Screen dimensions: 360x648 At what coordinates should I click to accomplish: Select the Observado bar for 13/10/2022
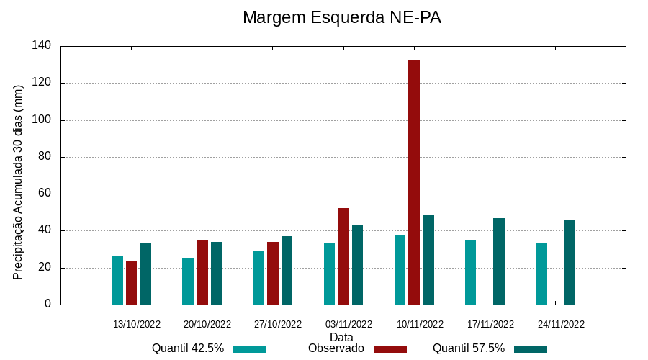[x=131, y=282]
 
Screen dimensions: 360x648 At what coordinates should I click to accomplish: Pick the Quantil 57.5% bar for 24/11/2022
[x=570, y=262]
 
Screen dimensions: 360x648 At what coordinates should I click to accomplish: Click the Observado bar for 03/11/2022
[x=343, y=256]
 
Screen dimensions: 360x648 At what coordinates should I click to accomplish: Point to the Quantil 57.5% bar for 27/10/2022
[x=287, y=270]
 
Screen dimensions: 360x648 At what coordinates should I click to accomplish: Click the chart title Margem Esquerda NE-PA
[x=342, y=17]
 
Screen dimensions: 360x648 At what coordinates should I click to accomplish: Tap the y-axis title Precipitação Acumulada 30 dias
[x=19, y=182]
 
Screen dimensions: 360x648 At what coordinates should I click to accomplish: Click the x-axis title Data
[x=341, y=337]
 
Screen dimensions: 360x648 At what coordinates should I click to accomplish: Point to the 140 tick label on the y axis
[x=42, y=45]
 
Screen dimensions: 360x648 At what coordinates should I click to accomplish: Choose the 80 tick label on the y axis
[x=45, y=156]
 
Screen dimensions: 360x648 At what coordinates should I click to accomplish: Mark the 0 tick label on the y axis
[x=48, y=304]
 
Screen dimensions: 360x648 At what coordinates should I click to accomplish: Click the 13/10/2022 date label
[x=137, y=324]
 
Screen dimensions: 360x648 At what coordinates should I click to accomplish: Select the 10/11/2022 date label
[x=420, y=324]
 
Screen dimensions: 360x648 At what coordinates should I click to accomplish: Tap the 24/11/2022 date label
[x=561, y=324]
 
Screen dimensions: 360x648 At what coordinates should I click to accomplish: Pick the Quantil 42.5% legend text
[x=188, y=348]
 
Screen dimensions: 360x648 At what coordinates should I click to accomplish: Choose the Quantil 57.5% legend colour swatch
[x=531, y=349]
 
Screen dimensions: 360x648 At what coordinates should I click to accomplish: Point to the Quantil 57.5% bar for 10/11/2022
[x=428, y=259]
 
